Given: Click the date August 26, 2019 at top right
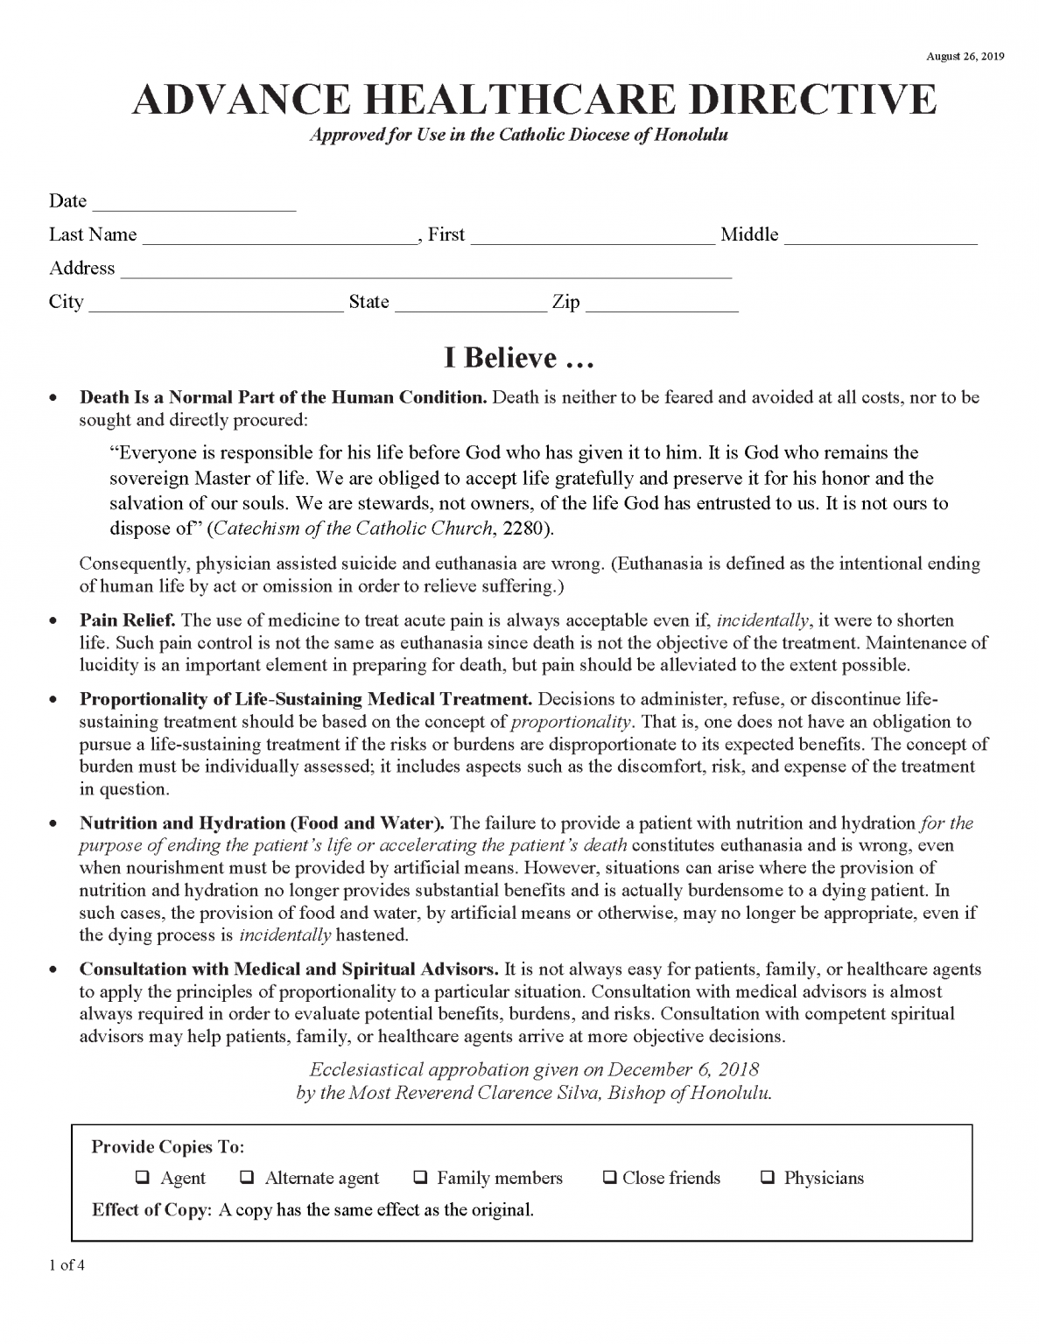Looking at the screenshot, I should point(965,57).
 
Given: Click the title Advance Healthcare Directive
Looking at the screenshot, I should point(534,101).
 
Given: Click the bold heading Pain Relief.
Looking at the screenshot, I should point(128,620).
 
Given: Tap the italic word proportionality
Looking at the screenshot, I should point(571,722).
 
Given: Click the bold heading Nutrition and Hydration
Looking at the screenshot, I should point(262,822).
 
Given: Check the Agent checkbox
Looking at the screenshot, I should point(142,1178).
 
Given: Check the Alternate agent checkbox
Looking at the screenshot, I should point(247,1178).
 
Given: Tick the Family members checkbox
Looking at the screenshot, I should point(420,1178).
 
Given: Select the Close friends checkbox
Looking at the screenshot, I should point(609,1178).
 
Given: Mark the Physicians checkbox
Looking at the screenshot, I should point(768,1178).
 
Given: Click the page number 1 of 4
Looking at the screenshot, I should point(67,1264).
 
